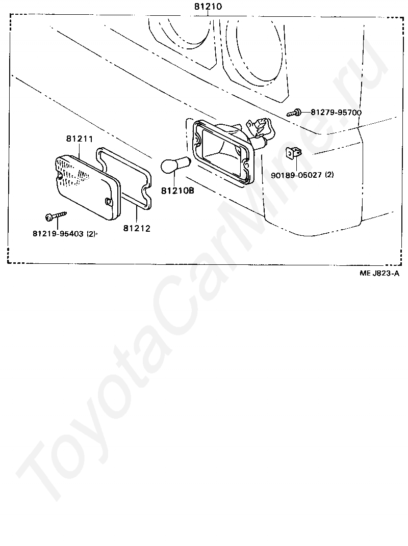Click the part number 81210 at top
(208, 7)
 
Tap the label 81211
(79, 139)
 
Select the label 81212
(136, 229)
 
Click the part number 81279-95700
(336, 113)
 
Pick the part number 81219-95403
(57, 234)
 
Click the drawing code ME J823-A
(379, 274)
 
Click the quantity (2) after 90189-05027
(329, 175)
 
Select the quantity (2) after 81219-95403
(91, 234)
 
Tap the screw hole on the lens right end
(107, 202)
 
